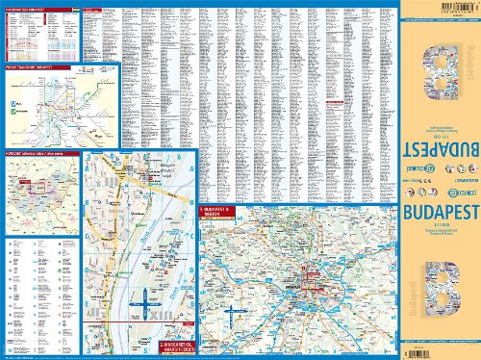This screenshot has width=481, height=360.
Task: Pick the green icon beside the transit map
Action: point(14,101)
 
